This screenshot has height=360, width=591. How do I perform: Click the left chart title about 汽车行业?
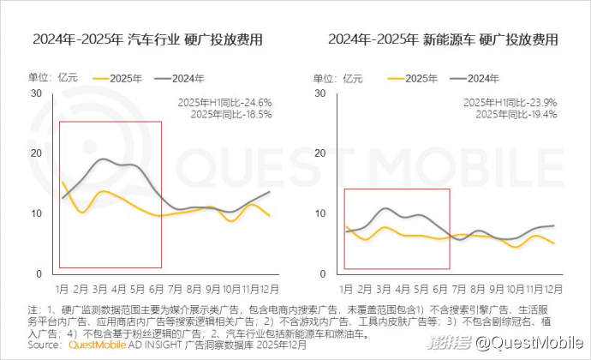147,40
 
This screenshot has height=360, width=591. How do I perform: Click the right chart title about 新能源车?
442,40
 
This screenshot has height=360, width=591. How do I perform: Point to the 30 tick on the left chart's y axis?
36,93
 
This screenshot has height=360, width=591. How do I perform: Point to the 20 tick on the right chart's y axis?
322,153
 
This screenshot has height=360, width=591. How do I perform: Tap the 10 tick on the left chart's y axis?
36,213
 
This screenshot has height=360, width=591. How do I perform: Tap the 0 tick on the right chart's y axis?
325,274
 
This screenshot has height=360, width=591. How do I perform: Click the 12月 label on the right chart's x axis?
553,290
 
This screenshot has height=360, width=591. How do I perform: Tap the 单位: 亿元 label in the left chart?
47,78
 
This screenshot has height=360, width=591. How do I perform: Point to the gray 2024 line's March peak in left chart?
102,159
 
